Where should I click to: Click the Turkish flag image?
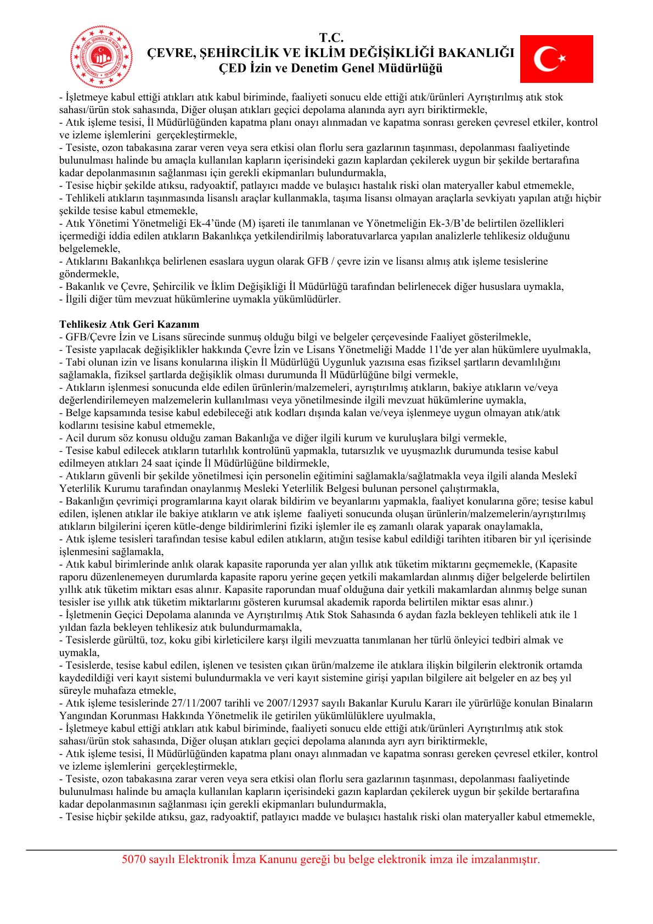[556, 59]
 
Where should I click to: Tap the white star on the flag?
[561, 58]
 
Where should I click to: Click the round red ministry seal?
[102, 57]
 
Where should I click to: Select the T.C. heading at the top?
[331, 38]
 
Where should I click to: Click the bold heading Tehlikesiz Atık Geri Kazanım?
[129, 324]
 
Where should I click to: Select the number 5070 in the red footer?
[134, 859]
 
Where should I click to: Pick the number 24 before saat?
[147, 463]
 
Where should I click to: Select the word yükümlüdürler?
[307, 299]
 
